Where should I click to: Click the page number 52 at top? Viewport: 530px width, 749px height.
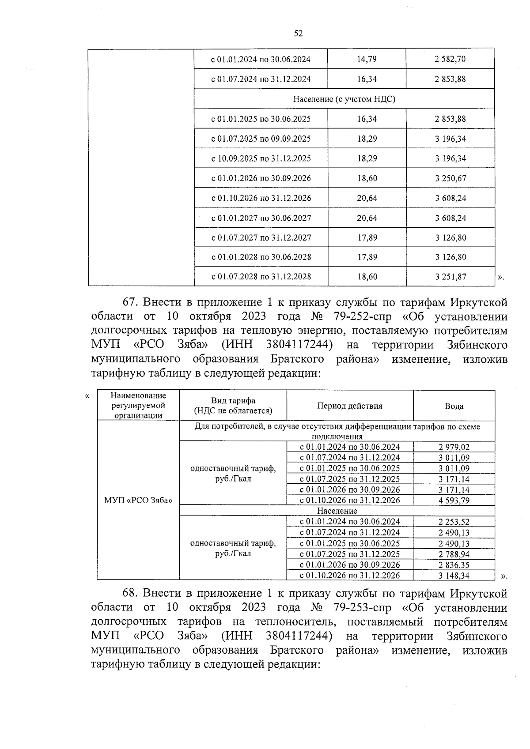(298, 34)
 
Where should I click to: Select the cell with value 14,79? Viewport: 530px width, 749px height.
(367, 59)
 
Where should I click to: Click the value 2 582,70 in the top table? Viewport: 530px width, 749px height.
(450, 59)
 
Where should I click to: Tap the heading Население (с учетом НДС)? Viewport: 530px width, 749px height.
(344, 99)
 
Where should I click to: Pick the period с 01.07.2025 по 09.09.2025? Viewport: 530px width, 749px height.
(261, 139)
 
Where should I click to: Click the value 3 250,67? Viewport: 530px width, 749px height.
(450, 178)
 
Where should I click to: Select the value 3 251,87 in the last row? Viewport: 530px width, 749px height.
(450, 277)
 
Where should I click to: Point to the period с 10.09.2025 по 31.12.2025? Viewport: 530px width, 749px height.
(261, 158)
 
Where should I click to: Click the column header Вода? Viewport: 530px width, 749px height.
(454, 406)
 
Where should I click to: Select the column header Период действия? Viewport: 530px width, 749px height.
(349, 406)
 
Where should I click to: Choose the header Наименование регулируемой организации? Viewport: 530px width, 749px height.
(138, 406)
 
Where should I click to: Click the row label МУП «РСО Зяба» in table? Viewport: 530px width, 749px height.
(138, 501)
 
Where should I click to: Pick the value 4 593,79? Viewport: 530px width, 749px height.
(454, 500)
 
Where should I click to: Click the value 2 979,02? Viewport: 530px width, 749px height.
(454, 447)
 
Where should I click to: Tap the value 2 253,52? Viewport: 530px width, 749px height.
(454, 522)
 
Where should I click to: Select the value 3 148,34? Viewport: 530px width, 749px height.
(454, 575)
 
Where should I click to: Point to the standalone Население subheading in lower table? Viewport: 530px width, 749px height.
(337, 511)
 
